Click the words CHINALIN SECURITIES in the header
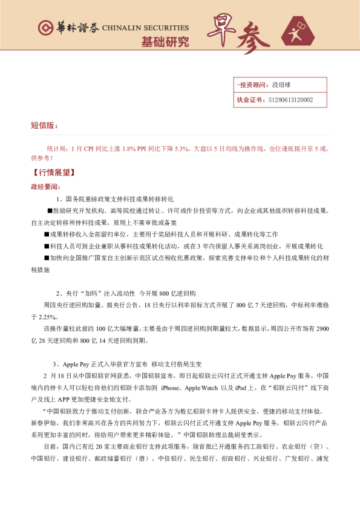pyautogui.click(x=145, y=28)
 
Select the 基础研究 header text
pyautogui.click(x=165, y=42)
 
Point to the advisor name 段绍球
pyautogui.click(x=282, y=85)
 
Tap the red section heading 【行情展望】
pyautogui.click(x=51, y=172)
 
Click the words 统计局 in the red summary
pyautogui.click(x=57, y=148)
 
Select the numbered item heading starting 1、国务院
pyautogui.click(x=115, y=198)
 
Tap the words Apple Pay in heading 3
pyautogui.click(x=78, y=364)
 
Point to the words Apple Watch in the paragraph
pyautogui.click(x=202, y=387)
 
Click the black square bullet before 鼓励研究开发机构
pyautogui.click(x=50, y=210)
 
